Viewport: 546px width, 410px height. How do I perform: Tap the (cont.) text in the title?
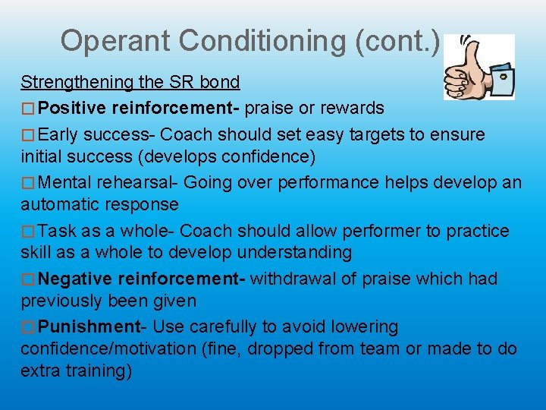pos(397,41)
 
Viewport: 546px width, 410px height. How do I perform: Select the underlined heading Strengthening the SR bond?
pos(130,82)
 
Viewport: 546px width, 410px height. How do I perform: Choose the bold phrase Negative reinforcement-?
pos(141,279)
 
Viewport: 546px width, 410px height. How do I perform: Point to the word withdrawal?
pos(293,279)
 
